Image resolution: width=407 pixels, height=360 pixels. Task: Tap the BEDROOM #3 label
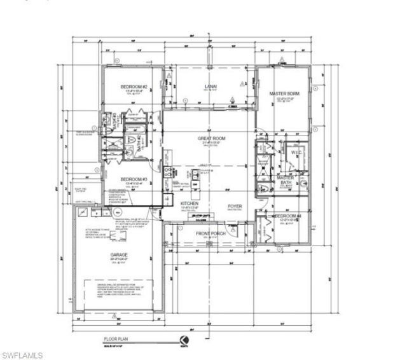134,180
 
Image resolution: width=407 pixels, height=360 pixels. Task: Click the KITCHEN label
190,204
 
